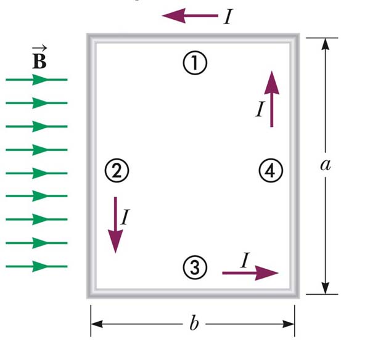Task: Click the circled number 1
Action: tap(194, 62)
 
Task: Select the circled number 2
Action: tap(117, 170)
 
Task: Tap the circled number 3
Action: tap(194, 266)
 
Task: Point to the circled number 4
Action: tap(270, 170)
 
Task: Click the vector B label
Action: tap(38, 60)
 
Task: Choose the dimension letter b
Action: tap(194, 324)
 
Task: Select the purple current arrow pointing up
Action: tap(272, 99)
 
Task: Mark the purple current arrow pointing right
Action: tap(250, 272)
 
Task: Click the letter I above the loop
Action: tap(228, 17)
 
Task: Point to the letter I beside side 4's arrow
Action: tap(260, 110)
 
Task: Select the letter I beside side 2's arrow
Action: tap(125, 217)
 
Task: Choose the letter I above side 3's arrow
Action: tap(244, 260)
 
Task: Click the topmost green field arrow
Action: tap(36, 80)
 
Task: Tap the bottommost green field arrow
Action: tap(36, 266)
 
